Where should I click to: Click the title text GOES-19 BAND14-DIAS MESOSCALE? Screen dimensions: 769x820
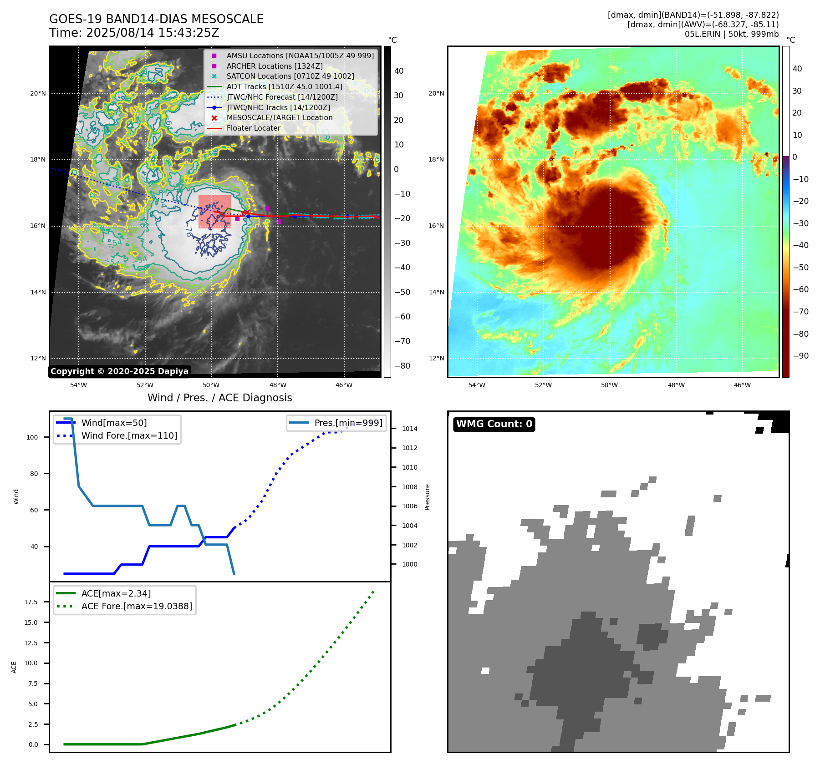tap(156, 19)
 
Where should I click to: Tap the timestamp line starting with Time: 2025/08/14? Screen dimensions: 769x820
tap(134, 33)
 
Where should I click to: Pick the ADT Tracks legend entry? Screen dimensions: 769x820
tap(284, 86)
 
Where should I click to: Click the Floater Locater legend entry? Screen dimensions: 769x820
tap(253, 128)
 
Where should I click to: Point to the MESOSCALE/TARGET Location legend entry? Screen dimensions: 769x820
tap(279, 117)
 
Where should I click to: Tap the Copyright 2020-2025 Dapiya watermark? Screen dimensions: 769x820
tap(119, 371)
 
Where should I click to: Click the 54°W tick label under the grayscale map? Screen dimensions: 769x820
tap(78, 385)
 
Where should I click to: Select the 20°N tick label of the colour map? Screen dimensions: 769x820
tap(436, 93)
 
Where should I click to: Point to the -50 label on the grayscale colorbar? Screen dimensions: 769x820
tap(402, 292)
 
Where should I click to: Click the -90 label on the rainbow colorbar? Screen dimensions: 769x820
tap(800, 356)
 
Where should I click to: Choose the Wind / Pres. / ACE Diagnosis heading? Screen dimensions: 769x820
tap(219, 398)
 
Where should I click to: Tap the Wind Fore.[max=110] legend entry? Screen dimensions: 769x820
tap(129, 435)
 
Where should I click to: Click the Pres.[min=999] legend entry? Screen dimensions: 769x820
tap(348, 423)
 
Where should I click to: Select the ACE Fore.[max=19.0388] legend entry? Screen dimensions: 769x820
tap(137, 606)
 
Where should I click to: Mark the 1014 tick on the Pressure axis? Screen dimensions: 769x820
tap(409, 429)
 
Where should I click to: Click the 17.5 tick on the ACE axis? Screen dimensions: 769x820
tap(31, 602)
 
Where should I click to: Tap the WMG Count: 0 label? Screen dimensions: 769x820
tap(494, 424)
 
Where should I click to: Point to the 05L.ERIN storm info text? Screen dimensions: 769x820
tap(731, 34)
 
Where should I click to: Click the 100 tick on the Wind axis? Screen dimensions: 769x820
tap(32, 437)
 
